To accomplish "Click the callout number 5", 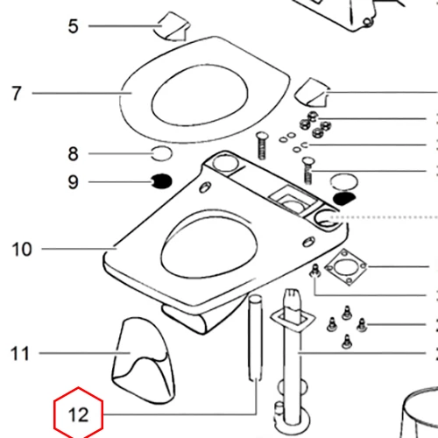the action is pyautogui.click(x=73, y=26).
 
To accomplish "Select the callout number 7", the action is pyautogui.click(x=17, y=94).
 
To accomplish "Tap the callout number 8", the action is pyautogui.click(x=73, y=153).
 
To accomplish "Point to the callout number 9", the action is pyautogui.click(x=73, y=182).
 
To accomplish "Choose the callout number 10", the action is pyautogui.click(x=22, y=250).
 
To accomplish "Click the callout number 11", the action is pyautogui.click(x=20, y=354).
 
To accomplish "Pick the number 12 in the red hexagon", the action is pyautogui.click(x=78, y=414).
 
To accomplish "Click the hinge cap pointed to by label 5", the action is pyautogui.click(x=173, y=26).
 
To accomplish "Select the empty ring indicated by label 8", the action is pyautogui.click(x=161, y=153).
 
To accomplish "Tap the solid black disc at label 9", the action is pyautogui.click(x=161, y=181).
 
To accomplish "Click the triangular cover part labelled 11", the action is pyautogui.click(x=144, y=361).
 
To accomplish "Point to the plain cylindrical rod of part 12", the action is pyautogui.click(x=256, y=338).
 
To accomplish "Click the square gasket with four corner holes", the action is pyautogui.click(x=346, y=267).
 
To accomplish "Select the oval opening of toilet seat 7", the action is pyautogui.click(x=200, y=95).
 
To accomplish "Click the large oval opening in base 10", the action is pyautogui.click(x=209, y=243).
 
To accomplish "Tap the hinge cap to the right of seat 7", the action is pyautogui.click(x=312, y=93).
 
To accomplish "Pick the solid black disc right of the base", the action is pyautogui.click(x=344, y=199).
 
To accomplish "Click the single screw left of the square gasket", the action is pyautogui.click(x=315, y=271).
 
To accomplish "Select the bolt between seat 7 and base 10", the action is pyautogui.click(x=262, y=145).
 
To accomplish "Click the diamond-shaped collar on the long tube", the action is pyautogui.click(x=293, y=321).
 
